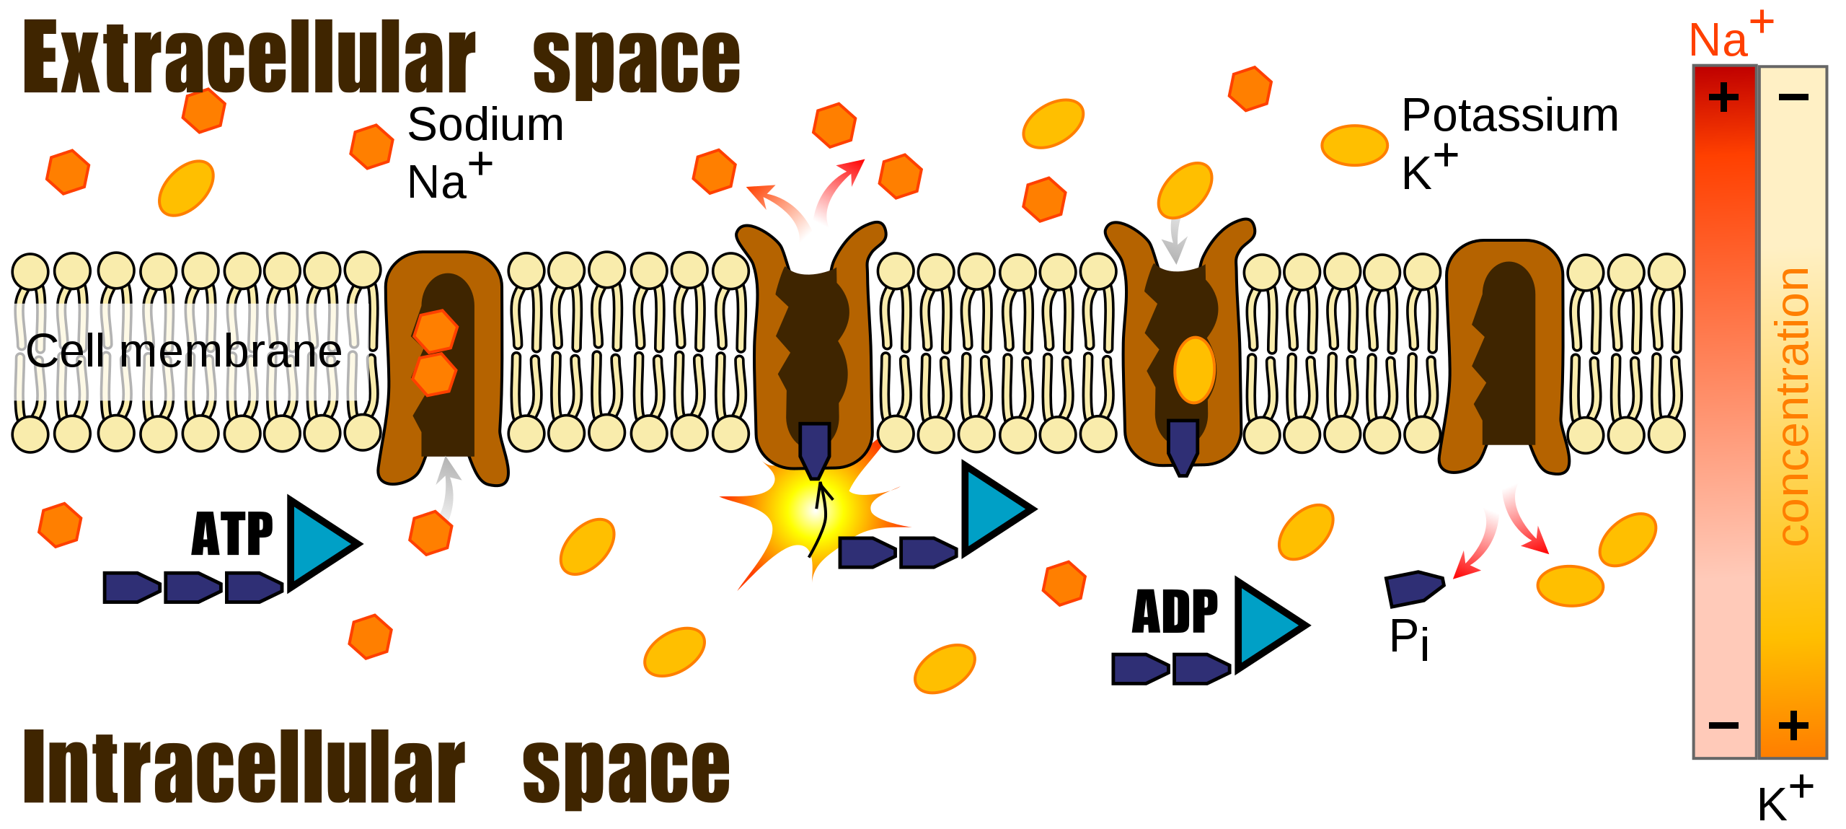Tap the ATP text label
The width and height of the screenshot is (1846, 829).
232,534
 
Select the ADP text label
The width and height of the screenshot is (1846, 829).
1175,612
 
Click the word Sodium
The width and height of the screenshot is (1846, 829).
485,125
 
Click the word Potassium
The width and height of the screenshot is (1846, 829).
1510,115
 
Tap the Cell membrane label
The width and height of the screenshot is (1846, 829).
184,352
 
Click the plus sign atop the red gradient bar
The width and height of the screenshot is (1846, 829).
1723,97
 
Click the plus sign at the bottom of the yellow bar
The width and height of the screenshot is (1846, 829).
1793,725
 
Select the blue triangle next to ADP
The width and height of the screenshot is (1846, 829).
1266,625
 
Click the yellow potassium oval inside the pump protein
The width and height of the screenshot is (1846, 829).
1194,369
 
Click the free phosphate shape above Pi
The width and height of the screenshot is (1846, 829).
1414,588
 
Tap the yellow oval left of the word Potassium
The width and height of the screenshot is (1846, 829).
1354,145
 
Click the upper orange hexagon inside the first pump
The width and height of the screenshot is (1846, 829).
436,331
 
